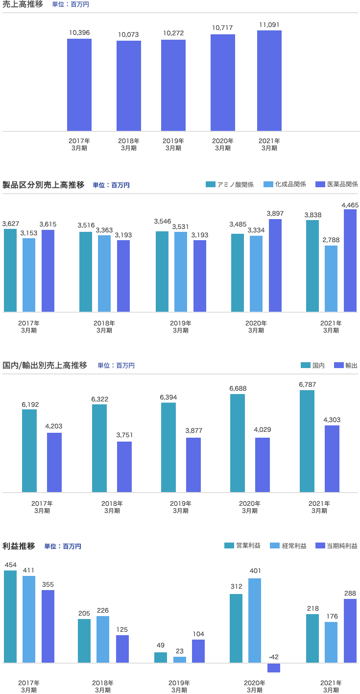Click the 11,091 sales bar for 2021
tap(269, 81)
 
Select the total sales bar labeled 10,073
tap(129, 86)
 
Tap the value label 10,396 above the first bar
tap(79, 33)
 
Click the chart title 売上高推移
tap(23, 4)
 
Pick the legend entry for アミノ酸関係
tap(230, 184)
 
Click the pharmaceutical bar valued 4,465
tap(350, 260)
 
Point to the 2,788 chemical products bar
tap(331, 278)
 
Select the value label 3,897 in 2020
tap(275, 214)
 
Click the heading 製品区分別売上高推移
tap(44, 185)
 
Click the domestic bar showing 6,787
tap(307, 441)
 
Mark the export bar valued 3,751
tap(124, 467)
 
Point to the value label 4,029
tap(263, 430)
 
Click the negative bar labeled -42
tap(274, 668)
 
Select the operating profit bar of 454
tap(10, 617)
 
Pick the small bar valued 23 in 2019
tap(180, 660)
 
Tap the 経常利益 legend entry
tap(288, 545)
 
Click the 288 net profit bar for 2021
tap(350, 631)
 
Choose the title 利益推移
tap(19, 546)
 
